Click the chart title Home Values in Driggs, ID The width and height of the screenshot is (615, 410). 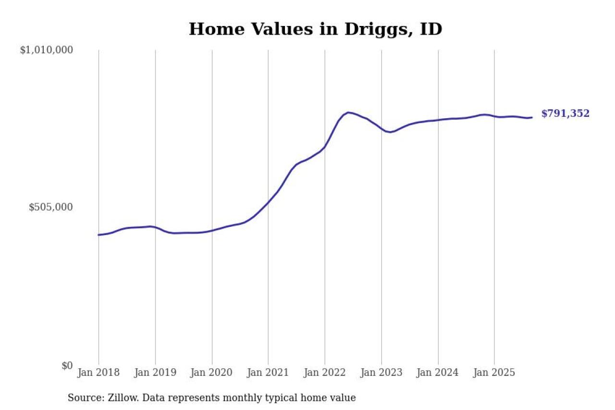click(315, 29)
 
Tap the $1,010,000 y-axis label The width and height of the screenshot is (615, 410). click(46, 50)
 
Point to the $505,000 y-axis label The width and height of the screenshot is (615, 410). click(50, 207)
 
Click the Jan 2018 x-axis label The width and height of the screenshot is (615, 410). click(98, 373)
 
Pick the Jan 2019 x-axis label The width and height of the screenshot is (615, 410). click(155, 373)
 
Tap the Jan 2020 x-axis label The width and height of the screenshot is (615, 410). click(212, 373)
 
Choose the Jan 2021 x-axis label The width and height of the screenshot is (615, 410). click(268, 373)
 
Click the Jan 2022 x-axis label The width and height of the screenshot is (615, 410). click(325, 373)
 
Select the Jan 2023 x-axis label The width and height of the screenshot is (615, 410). click(381, 373)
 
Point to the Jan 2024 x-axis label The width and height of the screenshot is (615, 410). click(438, 373)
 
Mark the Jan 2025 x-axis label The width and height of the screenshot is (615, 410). click(494, 373)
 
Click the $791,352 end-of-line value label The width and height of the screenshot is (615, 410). click(565, 114)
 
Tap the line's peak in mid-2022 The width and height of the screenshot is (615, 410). click(348, 112)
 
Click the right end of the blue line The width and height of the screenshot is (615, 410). click(531, 117)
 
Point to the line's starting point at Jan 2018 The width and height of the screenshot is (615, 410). click(98, 235)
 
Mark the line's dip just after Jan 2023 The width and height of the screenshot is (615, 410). click(390, 132)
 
